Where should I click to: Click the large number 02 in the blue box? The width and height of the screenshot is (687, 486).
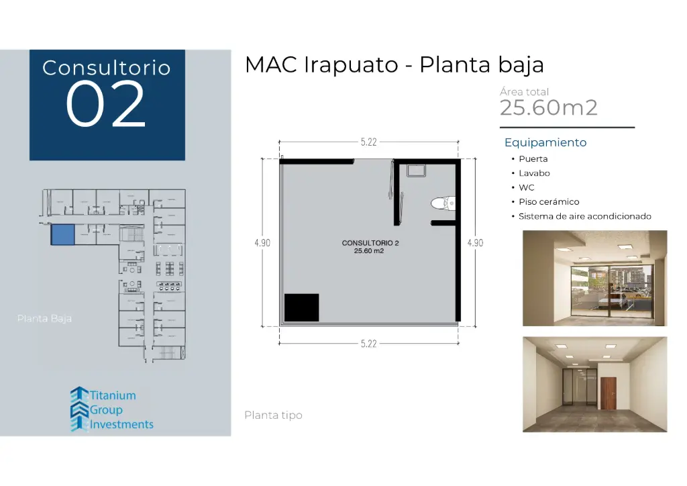tap(106, 105)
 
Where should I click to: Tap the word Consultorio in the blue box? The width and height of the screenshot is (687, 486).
tap(106, 68)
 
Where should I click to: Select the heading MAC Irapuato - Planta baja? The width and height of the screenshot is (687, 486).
tap(394, 65)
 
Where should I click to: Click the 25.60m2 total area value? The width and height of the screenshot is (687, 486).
tap(548, 107)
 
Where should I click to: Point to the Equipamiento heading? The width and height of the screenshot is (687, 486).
tap(545, 142)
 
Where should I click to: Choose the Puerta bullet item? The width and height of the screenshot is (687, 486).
tap(533, 159)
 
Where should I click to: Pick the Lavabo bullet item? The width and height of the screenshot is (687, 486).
tap(534, 173)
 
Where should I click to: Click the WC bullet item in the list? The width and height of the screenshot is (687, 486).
tap(526, 188)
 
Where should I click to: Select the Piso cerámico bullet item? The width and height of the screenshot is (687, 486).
tap(548, 202)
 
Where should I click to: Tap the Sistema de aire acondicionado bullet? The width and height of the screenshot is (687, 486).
tap(584, 216)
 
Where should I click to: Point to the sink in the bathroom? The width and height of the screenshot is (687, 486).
tap(415, 171)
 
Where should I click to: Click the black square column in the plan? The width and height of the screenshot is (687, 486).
tap(301, 307)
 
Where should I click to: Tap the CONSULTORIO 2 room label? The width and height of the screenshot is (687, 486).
tap(370, 243)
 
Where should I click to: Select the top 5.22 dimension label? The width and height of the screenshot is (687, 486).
tap(368, 142)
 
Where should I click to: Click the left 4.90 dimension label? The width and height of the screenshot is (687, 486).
tap(262, 243)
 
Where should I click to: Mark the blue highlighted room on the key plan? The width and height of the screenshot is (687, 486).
tap(62, 235)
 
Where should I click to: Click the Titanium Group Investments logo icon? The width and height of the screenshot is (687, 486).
tap(79, 409)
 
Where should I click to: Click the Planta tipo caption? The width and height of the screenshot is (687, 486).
tap(273, 416)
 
